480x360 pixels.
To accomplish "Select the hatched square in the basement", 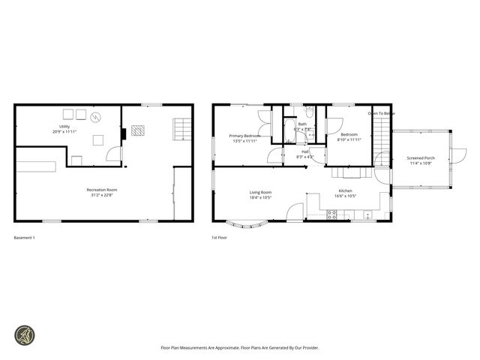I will (137, 130).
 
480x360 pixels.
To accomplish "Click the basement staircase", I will (179, 128).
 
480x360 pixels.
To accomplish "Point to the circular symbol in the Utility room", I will (95, 117).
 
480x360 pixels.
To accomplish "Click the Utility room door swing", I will (112, 154).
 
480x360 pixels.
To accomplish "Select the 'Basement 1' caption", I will (25, 238).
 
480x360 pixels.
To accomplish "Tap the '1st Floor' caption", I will (219, 238).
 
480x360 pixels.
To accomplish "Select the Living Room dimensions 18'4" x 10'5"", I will (260, 198).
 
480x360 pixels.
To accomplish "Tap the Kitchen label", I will (345, 191).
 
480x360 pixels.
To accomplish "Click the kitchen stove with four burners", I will (332, 214).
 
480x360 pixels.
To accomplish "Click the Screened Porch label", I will (421, 158).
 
